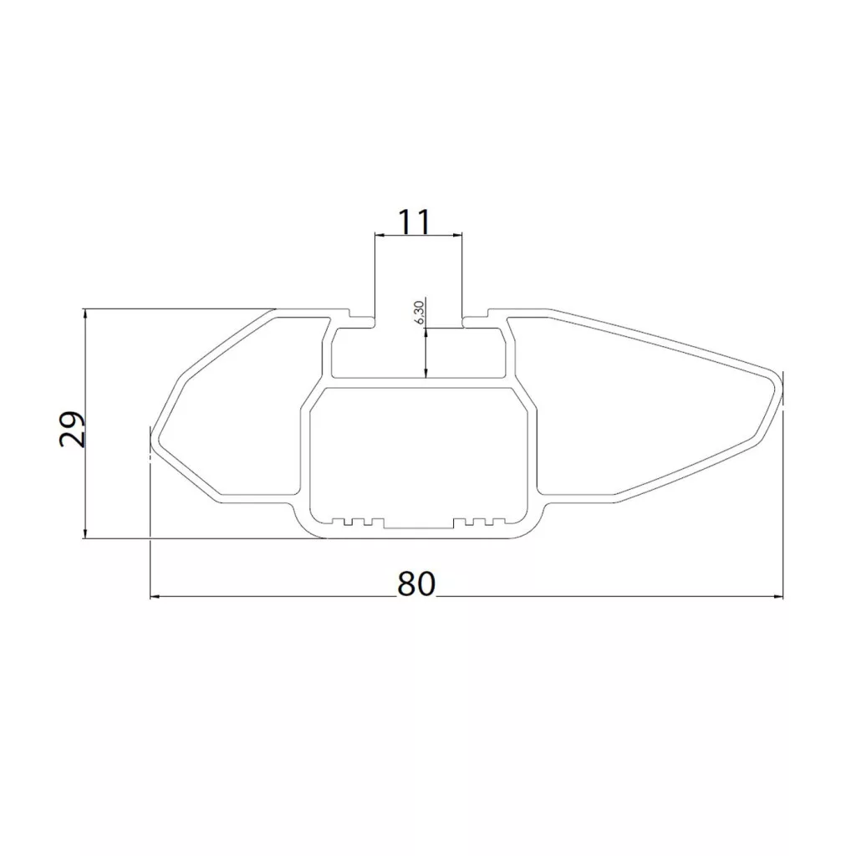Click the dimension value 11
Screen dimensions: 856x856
tap(415, 221)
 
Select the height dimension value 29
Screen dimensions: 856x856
tap(72, 429)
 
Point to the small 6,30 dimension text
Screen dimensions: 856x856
tap(420, 312)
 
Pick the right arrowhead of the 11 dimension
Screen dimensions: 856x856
tap(456, 235)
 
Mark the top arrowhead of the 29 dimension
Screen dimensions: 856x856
tap(84, 315)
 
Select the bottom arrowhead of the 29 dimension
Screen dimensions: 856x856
tap(84, 531)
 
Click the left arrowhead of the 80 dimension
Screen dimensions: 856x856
tap(157, 597)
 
